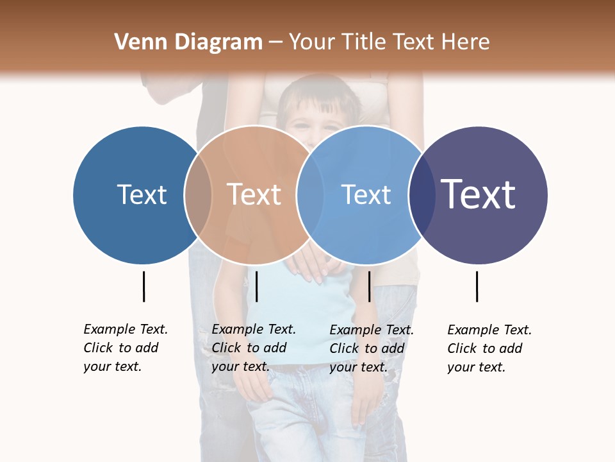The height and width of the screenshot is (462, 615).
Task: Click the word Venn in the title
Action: click(x=136, y=42)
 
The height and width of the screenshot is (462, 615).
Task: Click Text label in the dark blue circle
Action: click(x=142, y=194)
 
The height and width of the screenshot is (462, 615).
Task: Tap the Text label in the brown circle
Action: click(x=254, y=194)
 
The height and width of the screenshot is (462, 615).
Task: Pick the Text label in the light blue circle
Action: click(x=366, y=194)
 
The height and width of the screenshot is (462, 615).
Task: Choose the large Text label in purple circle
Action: click(x=479, y=194)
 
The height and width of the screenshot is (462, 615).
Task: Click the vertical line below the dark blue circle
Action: click(x=143, y=286)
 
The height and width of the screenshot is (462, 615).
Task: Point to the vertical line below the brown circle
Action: click(x=256, y=286)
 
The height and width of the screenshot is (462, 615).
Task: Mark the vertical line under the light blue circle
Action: click(x=369, y=286)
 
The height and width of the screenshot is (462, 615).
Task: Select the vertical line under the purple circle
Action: click(x=477, y=286)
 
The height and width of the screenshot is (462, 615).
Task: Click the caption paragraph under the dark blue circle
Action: click(x=126, y=348)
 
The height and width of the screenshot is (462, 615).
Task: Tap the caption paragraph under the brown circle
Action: click(x=254, y=348)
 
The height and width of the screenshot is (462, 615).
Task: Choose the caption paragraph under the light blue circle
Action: click(x=372, y=348)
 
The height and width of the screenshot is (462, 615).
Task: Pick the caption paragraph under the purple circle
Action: click(x=489, y=348)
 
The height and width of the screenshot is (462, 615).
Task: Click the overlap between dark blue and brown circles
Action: click(x=198, y=195)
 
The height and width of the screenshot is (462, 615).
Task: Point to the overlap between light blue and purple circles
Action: click(x=421, y=195)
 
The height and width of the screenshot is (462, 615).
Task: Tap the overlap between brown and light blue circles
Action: click(x=310, y=195)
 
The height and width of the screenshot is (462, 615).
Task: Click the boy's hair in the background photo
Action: click(x=320, y=93)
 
